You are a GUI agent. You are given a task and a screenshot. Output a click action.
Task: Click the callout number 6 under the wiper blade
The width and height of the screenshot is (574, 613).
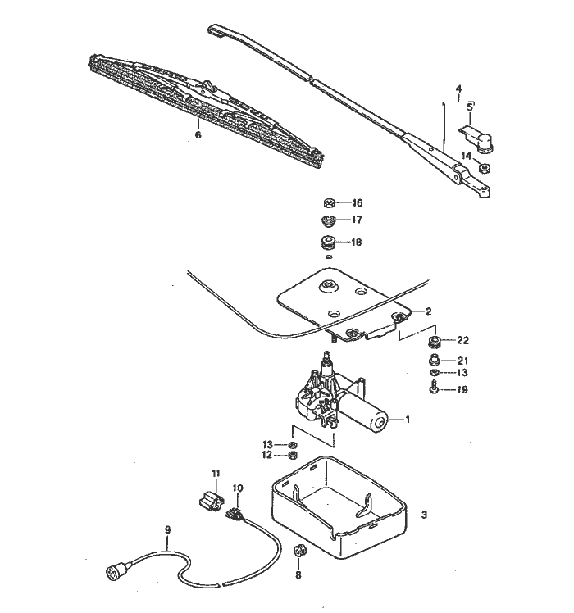click(198, 135)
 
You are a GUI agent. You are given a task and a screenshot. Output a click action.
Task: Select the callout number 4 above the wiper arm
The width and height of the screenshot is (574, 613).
click(459, 88)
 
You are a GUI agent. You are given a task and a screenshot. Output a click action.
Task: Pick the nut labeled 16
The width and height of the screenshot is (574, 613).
click(330, 202)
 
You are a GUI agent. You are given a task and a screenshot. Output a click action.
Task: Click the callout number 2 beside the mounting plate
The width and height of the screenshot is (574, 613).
click(427, 311)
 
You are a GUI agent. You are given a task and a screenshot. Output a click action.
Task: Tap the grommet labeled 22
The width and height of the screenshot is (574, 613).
click(433, 339)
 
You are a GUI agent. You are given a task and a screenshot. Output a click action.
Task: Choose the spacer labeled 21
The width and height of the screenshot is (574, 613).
click(434, 360)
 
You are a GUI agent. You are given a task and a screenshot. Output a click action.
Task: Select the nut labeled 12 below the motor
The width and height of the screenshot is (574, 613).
click(293, 456)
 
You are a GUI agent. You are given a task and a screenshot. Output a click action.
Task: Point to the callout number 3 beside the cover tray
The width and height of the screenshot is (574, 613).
click(424, 515)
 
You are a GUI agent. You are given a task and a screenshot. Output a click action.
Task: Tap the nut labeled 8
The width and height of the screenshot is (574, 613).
click(299, 552)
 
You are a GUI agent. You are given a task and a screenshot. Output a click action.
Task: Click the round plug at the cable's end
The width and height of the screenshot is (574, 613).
click(112, 571)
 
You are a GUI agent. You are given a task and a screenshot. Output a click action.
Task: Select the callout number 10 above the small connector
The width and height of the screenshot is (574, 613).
click(238, 488)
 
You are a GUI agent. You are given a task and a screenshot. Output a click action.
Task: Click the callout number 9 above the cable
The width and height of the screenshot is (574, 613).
click(167, 530)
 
